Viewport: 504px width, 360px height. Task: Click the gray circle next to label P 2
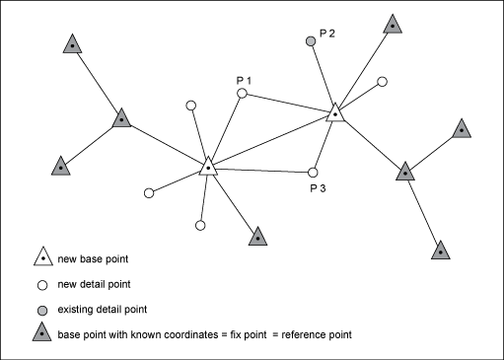click(311, 41)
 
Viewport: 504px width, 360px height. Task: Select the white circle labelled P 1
click(242, 94)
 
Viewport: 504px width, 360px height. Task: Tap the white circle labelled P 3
click(314, 171)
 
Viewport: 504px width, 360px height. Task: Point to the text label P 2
click(326, 34)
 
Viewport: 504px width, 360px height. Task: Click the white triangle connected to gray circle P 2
click(336, 113)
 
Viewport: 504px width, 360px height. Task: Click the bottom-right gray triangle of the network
click(441, 249)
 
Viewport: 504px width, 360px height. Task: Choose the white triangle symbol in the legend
click(43, 259)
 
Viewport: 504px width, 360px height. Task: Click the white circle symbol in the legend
click(43, 285)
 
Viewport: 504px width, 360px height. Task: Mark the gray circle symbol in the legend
click(43, 310)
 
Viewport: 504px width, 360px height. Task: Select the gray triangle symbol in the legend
click(43, 335)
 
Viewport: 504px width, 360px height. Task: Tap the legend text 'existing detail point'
click(111, 311)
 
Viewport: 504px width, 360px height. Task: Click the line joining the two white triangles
click(272, 140)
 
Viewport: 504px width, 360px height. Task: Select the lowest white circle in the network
click(200, 226)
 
